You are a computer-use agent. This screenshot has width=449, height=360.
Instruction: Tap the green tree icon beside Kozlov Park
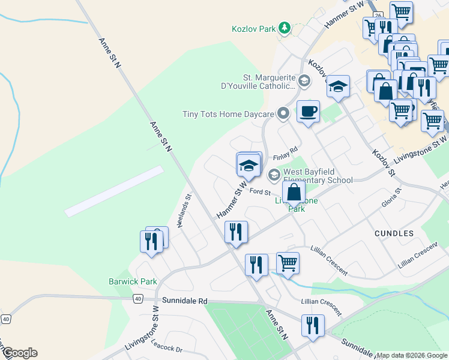(x=284, y=28)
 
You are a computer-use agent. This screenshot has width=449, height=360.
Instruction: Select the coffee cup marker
(x=308, y=112)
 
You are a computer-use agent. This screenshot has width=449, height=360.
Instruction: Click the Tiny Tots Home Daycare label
(x=228, y=113)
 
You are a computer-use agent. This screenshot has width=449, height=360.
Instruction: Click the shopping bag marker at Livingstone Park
(x=294, y=194)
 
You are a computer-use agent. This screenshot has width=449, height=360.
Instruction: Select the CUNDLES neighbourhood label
(x=394, y=233)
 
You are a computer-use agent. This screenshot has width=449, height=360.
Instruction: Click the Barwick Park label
(x=133, y=281)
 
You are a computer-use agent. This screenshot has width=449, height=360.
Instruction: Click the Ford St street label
(x=261, y=192)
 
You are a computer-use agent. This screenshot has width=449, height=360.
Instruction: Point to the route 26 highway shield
(x=378, y=14)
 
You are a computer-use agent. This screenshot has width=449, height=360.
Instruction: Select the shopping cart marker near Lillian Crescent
(x=288, y=262)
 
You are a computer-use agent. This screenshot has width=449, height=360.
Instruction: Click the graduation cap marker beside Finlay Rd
(x=249, y=165)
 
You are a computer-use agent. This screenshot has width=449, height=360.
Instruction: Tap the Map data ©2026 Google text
(x=412, y=355)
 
